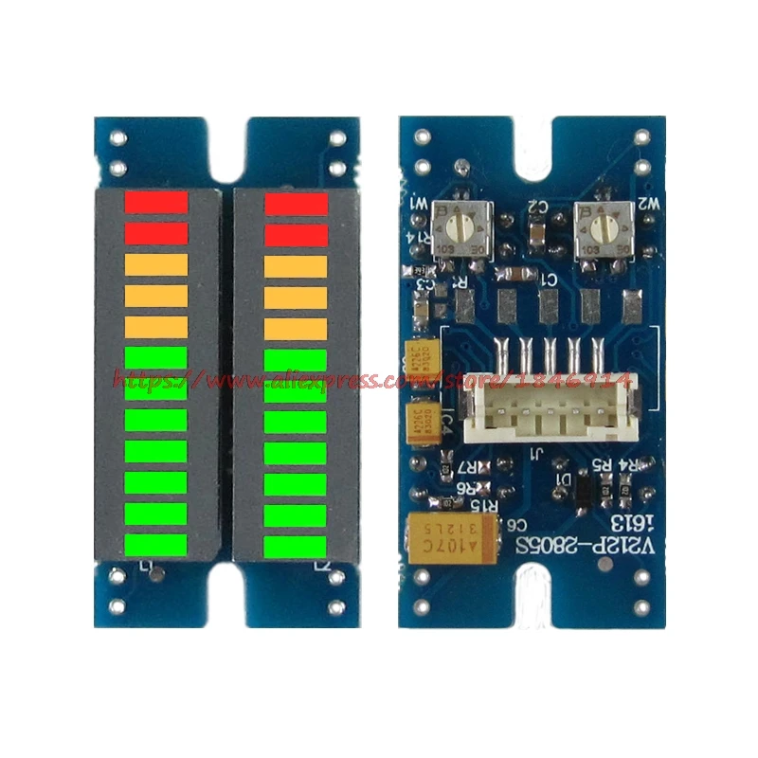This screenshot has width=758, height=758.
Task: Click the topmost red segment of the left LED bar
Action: point(157,202)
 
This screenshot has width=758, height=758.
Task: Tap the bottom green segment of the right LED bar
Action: point(296,547)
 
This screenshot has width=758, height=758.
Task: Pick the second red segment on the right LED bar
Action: point(296,234)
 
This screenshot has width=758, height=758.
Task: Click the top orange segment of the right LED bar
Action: point(296,266)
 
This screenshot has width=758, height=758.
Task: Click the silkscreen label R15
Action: point(486,505)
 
